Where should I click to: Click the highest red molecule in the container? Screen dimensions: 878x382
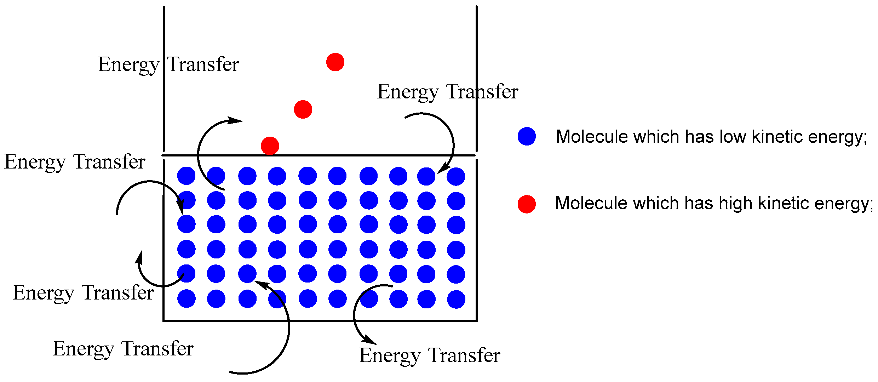[x=335, y=62]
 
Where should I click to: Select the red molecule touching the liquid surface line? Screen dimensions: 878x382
[x=270, y=146]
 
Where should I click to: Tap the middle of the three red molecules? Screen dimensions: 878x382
[x=303, y=109]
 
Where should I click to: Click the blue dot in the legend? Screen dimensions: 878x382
[x=527, y=136]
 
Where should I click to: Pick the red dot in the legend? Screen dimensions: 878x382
[x=527, y=204]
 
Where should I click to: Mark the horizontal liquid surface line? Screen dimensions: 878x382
[x=319, y=155]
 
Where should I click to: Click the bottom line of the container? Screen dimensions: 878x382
[x=319, y=321]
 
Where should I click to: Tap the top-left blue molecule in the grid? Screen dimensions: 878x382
[x=186, y=176]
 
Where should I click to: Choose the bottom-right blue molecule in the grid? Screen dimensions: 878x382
[x=456, y=299]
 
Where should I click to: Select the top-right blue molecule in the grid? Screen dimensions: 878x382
[x=456, y=176]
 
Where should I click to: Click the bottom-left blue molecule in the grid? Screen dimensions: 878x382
[x=186, y=298]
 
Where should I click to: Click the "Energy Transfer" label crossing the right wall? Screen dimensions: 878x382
[x=448, y=92]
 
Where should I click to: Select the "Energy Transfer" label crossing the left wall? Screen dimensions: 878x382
[x=168, y=64]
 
